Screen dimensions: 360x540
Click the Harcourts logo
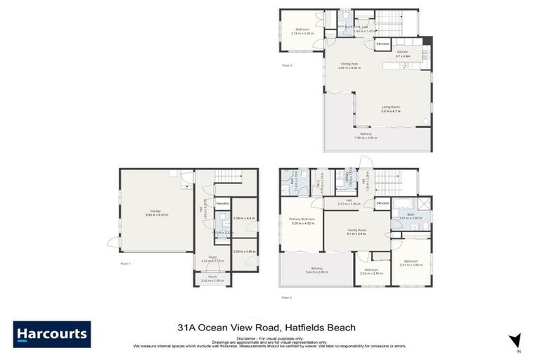click(51, 334)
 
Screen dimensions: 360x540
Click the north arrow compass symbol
click(516, 341)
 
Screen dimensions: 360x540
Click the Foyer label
click(212, 258)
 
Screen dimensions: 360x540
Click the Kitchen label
click(402, 51)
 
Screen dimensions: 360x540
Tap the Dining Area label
click(349, 65)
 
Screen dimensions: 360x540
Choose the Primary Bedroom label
click(302, 219)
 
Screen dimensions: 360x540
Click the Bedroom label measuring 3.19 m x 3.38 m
click(301, 29)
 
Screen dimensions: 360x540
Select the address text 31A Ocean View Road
click(229, 327)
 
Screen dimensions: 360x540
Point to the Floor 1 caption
click(126, 264)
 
